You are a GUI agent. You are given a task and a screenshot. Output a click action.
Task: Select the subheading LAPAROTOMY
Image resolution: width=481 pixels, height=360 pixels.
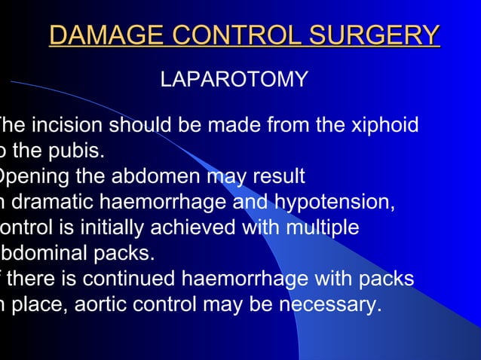pyautogui.click(x=234, y=79)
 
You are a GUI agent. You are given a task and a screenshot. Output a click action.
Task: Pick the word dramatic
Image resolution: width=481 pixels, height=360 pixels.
pyautogui.click(x=58, y=203)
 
